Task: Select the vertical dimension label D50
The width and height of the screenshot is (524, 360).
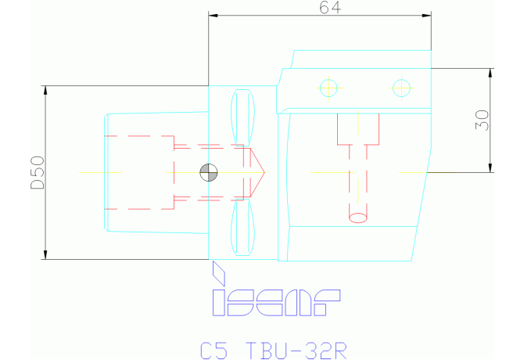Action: pyautogui.click(x=37, y=172)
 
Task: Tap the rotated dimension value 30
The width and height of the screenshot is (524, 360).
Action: pyautogui.click(x=482, y=120)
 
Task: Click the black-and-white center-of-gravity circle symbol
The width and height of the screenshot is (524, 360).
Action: pyautogui.click(x=209, y=171)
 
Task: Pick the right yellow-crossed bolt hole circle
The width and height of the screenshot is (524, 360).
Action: pyautogui.click(x=401, y=87)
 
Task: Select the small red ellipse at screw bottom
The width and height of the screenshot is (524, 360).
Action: pyautogui.click(x=357, y=217)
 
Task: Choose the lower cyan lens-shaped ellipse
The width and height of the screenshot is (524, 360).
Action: pyautogui.click(x=244, y=227)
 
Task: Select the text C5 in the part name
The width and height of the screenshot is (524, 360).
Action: pyautogui.click(x=214, y=349)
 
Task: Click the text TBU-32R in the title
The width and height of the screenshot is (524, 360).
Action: pyautogui.click(x=295, y=349)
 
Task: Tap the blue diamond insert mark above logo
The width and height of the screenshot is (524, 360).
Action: pyautogui.click(x=218, y=273)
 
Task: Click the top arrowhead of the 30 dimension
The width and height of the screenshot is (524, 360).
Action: pyautogui.click(x=491, y=72)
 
